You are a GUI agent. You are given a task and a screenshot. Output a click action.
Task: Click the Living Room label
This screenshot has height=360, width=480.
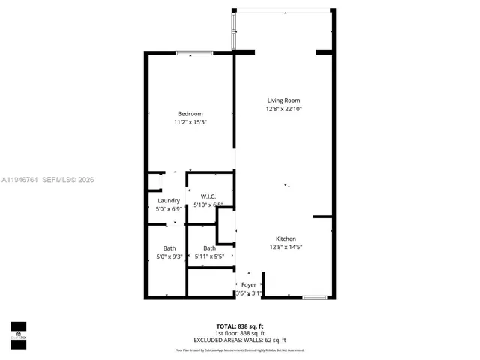click(284, 100)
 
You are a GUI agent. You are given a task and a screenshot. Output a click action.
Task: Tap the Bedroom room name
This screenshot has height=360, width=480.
click(190, 113)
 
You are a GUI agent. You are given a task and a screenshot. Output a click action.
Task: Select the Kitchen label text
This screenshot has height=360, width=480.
click(286, 238)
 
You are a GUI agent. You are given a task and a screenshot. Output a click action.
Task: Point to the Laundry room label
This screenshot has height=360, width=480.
click(169, 201)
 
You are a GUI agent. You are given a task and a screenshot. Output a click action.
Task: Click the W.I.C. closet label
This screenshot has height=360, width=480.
click(208, 196)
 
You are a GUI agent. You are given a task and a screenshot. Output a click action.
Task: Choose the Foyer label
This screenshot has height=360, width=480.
click(248, 285)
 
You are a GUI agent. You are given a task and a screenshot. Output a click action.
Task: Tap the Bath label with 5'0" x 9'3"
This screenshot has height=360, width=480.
click(169, 248)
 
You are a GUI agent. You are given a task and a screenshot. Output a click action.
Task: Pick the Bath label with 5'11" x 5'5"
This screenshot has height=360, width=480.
click(209, 248)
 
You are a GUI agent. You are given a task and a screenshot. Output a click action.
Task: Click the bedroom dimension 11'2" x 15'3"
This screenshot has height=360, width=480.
click(190, 122)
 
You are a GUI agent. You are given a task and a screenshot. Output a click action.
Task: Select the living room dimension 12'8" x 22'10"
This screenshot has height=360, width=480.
click(284, 109)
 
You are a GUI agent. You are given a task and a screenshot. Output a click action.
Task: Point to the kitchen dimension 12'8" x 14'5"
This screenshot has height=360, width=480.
click(286, 247)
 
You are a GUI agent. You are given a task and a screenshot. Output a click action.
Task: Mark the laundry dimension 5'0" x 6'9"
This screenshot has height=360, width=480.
click(169, 209)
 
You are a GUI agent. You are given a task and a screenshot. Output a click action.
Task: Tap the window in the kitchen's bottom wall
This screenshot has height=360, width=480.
click(315, 298)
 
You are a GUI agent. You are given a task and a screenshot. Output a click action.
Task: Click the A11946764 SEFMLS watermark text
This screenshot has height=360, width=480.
click(49, 180)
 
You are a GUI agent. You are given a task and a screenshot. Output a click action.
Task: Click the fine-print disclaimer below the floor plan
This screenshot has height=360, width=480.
click(240, 349)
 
